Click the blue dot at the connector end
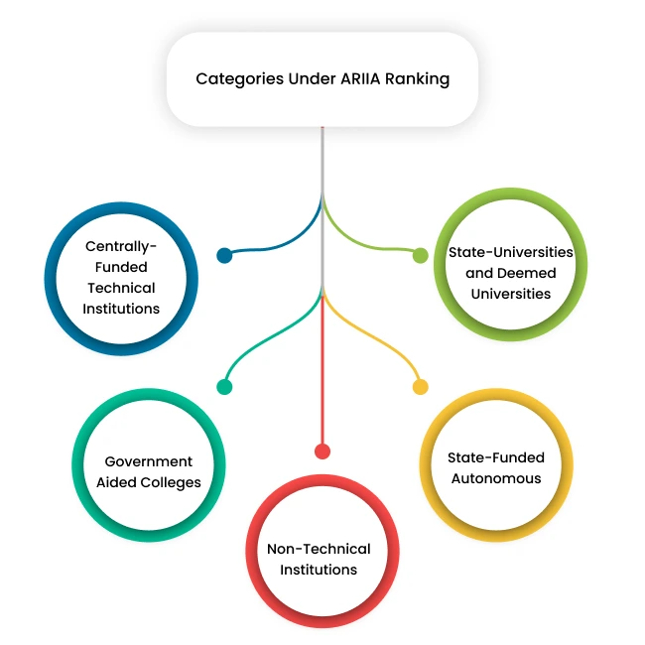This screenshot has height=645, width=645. point(224,256)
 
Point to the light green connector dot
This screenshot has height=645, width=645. point(421,256)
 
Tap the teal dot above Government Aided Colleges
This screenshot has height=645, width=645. point(224,387)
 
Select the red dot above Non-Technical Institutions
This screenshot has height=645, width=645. point(322,451)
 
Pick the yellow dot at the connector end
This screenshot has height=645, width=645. point(421,387)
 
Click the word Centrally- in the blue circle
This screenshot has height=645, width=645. point(121,246)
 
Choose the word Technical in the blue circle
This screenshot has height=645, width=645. point(121,288)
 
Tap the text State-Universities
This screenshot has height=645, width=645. point(510,252)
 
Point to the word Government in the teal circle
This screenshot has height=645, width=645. point(149,461)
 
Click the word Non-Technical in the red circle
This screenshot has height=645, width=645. point(319,549)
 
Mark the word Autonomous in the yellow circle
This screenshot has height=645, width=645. point(496,478)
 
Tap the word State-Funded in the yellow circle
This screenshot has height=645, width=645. point(496,457)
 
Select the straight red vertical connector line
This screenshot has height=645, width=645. point(322,377)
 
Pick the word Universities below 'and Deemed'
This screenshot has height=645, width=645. point(510,294)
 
